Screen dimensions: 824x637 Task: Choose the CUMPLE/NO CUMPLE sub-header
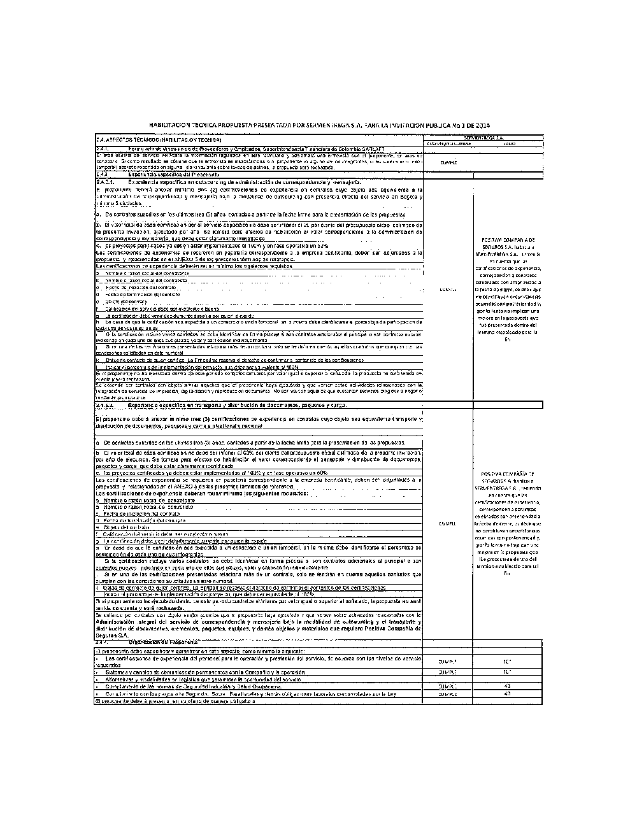pos(448,143)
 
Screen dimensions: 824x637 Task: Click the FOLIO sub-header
pos(508,143)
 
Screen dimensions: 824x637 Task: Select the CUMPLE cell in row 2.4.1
pos(448,162)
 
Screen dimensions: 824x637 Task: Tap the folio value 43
pos(507,686)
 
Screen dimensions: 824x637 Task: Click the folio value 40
pos(507,693)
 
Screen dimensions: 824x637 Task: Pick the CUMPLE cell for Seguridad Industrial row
pos(448,686)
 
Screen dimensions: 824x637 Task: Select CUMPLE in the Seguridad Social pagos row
pos(448,693)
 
